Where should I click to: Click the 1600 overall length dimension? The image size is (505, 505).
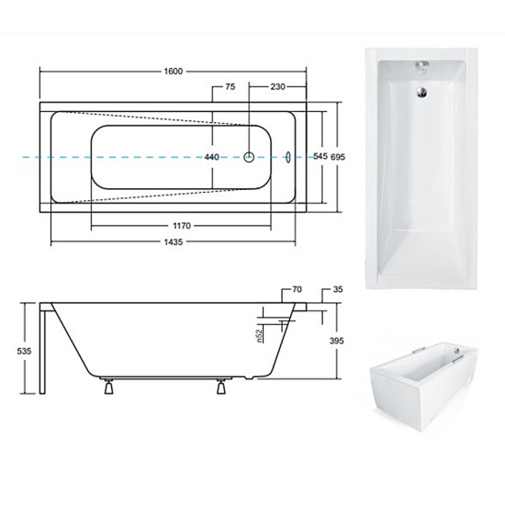[174, 72]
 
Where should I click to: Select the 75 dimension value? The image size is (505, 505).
[230, 86]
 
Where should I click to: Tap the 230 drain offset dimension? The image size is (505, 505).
[277, 86]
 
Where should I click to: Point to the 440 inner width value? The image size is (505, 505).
[212, 157]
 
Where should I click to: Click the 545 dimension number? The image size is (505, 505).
[320, 156]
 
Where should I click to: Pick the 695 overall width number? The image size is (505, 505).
[338, 157]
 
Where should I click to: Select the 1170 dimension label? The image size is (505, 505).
[182, 226]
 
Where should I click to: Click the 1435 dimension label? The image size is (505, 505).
[174, 241]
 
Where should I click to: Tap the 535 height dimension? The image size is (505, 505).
[24, 351]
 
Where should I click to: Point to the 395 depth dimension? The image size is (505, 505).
[337, 341]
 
